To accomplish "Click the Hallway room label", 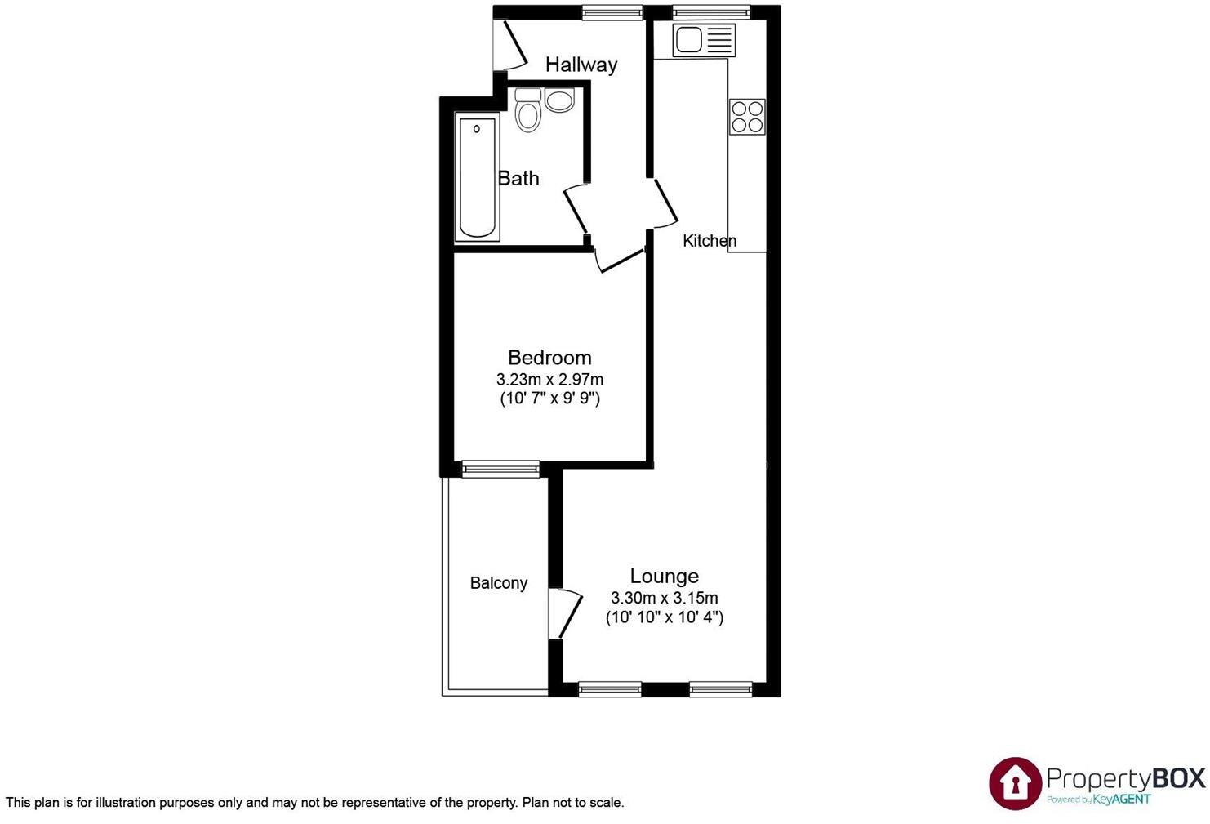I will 581,65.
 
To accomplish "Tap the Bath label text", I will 518,178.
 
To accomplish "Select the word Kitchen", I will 710,241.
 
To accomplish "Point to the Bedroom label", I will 549,358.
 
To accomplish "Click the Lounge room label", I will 664,577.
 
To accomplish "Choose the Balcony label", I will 498,583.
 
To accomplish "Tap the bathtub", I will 477,178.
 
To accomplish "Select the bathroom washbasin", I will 559,100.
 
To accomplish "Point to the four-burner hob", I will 747,116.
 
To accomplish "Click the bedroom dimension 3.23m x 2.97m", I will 549,380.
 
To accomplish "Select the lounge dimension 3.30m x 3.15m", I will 664,598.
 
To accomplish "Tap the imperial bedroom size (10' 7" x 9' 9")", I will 549,399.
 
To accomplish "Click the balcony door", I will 564,612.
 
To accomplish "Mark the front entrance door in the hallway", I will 513,46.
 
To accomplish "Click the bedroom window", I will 500,469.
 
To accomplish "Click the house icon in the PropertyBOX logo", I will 1015,782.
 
